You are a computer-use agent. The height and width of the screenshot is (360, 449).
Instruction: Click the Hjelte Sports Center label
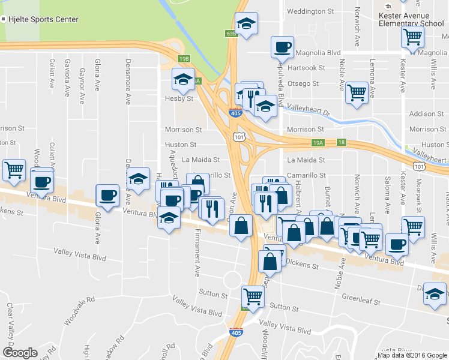43,19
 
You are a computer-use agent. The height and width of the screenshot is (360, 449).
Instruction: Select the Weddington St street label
310,11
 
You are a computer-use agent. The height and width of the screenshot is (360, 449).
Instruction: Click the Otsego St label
303,83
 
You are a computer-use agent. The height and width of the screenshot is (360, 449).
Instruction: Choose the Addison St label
426,114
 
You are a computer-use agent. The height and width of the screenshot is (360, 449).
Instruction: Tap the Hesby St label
179,98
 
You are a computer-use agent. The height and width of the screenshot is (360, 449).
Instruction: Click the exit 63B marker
232,34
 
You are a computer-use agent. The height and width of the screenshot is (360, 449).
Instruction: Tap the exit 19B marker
184,59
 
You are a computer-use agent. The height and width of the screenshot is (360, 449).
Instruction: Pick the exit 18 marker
341,142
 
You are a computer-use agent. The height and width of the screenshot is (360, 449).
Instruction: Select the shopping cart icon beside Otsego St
357,92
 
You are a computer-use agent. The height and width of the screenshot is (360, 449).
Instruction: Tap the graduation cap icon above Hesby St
183,78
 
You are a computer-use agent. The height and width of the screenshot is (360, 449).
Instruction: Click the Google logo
20,353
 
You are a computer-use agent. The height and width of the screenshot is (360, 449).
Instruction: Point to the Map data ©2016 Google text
411,355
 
